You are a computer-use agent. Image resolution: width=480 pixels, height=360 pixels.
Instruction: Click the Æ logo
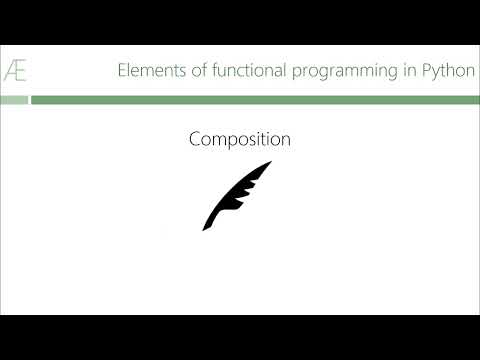(x=15, y=70)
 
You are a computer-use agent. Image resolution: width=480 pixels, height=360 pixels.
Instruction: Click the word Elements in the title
(x=152, y=70)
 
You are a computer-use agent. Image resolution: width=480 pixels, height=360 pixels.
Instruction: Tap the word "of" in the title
(x=199, y=70)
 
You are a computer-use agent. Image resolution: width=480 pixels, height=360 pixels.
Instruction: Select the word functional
(x=249, y=70)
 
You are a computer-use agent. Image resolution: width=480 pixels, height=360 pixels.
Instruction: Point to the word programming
(x=345, y=72)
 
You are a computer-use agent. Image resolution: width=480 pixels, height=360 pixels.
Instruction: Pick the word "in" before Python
(x=410, y=70)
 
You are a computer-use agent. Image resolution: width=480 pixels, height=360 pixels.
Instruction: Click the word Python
(x=449, y=71)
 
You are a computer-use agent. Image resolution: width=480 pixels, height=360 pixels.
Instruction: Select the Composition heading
(x=240, y=139)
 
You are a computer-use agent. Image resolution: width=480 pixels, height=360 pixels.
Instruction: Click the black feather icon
(x=237, y=196)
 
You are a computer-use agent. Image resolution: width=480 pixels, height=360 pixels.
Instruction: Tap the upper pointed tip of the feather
(x=271, y=161)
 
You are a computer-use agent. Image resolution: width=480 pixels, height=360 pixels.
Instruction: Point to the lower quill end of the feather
(x=203, y=230)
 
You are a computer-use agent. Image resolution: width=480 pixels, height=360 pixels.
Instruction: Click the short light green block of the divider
(x=14, y=100)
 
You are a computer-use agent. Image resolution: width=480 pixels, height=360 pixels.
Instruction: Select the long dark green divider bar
(x=255, y=100)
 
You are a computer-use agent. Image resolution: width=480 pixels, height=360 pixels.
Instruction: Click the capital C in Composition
(x=195, y=139)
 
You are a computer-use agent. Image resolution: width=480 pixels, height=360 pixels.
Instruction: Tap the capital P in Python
(x=427, y=70)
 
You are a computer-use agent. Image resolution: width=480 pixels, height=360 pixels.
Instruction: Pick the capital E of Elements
(x=122, y=70)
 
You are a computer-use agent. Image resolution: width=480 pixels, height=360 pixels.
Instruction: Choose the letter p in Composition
(x=239, y=142)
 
